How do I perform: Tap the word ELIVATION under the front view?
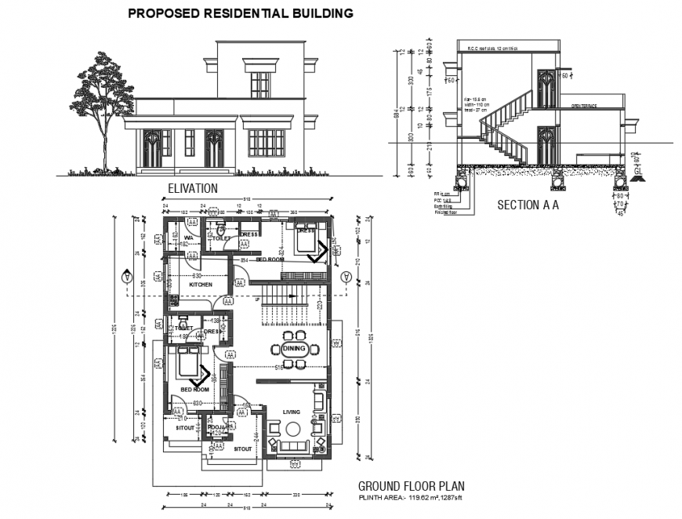pos(193,189)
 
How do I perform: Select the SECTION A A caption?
pos(528,205)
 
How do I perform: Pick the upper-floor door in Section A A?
pos(546,89)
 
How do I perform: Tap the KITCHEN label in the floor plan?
pos(201,285)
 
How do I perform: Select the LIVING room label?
pos(292,411)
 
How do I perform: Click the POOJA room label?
pos(216,427)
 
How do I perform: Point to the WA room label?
pos(189,237)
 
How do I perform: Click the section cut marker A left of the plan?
pos(125,277)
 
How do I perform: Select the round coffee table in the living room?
pos(293,430)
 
